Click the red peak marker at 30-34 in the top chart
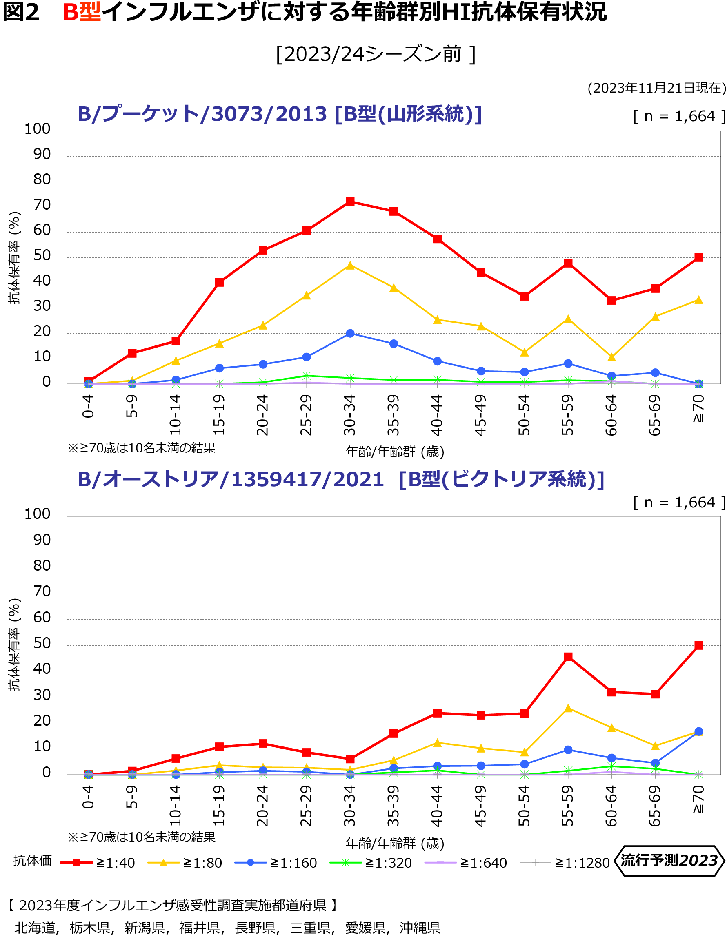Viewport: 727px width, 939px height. tap(350, 202)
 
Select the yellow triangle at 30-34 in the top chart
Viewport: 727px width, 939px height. tap(350, 266)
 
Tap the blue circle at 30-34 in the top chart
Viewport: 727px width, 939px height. tap(350, 333)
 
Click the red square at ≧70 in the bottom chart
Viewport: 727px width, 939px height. tap(698, 645)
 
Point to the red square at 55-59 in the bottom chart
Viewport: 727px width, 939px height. tap(568, 657)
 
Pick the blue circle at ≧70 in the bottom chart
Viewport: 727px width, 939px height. tap(698, 731)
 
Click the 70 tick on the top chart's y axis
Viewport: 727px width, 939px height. tap(42, 205)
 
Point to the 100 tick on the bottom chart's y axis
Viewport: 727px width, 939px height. tap(38, 514)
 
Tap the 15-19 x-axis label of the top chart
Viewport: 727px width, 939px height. tap(219, 415)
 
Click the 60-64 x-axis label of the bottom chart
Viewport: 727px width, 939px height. tap(611, 806)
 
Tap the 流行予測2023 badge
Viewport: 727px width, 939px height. tap(669, 861)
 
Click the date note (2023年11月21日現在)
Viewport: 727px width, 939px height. tap(656, 88)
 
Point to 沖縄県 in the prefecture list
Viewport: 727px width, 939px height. tap(420, 928)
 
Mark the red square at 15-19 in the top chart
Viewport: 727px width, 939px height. tap(219, 282)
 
